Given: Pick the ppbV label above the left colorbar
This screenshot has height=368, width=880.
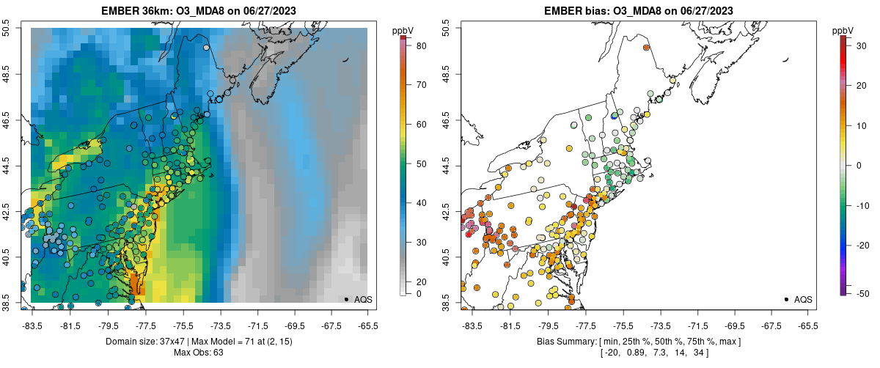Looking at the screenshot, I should (403, 29).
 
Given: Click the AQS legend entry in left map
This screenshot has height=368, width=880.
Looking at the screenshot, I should (361, 300).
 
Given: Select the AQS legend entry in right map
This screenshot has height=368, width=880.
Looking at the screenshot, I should (801, 300).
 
